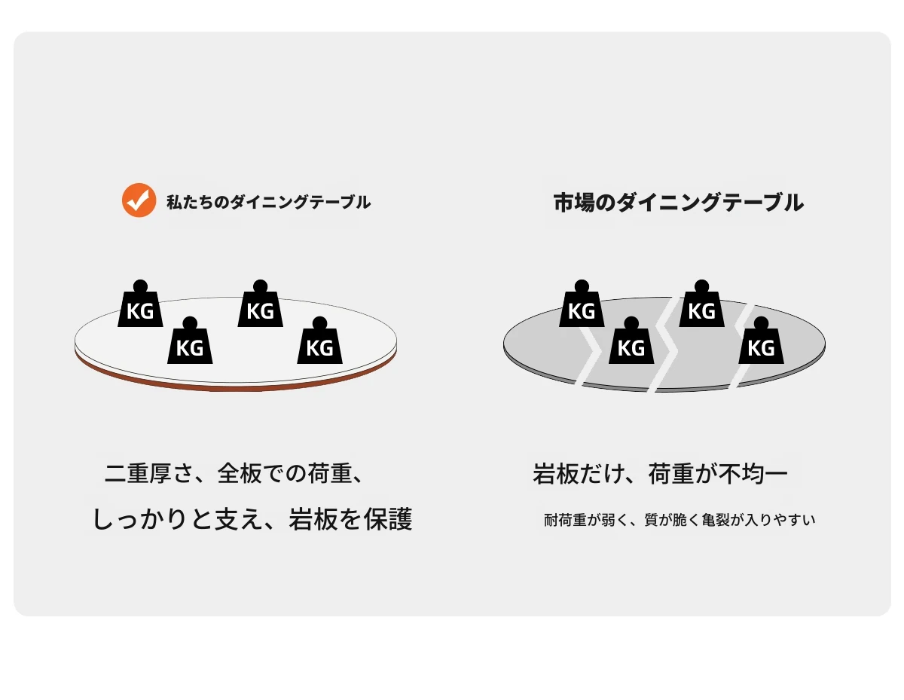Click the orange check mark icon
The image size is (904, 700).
coord(139,200)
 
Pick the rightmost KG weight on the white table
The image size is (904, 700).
coord(319,341)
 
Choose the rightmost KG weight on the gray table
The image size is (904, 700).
coord(761,341)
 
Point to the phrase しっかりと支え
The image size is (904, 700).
coord(173,519)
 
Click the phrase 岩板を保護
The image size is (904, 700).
coord(350,519)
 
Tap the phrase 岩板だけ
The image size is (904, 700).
coord(579,474)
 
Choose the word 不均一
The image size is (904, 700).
coord(753,474)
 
